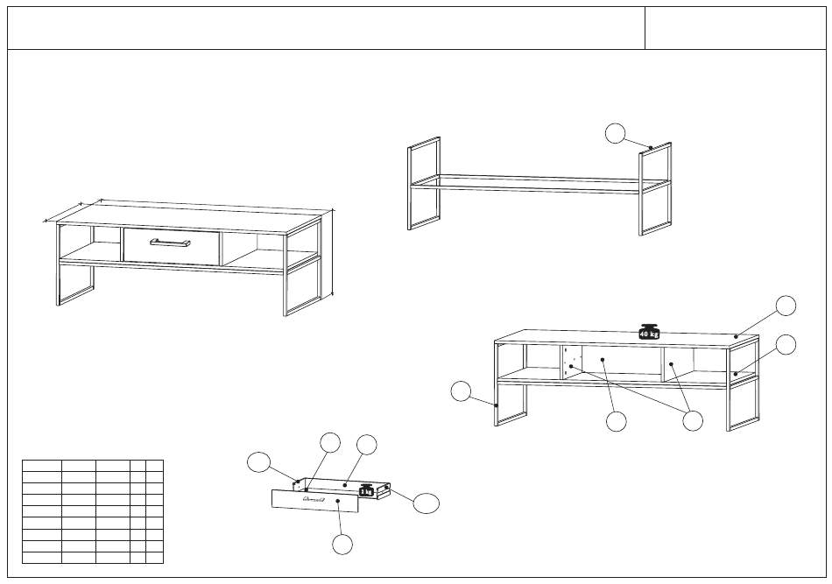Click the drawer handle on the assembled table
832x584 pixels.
point(170,243)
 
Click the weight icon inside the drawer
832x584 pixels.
point(366,489)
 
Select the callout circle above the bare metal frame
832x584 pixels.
point(617,133)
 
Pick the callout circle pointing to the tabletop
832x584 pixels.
point(786,305)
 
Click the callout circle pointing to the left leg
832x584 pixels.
point(462,391)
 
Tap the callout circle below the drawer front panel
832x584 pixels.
point(342,544)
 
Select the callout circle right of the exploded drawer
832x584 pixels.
point(427,503)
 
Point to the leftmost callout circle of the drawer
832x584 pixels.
point(258,461)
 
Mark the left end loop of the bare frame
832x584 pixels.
point(424,184)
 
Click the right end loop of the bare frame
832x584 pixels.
point(655,189)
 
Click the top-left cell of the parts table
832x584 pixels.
point(41,464)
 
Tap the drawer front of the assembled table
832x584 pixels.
point(171,246)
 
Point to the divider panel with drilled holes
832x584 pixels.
point(571,361)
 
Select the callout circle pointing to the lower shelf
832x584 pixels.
point(786,344)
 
